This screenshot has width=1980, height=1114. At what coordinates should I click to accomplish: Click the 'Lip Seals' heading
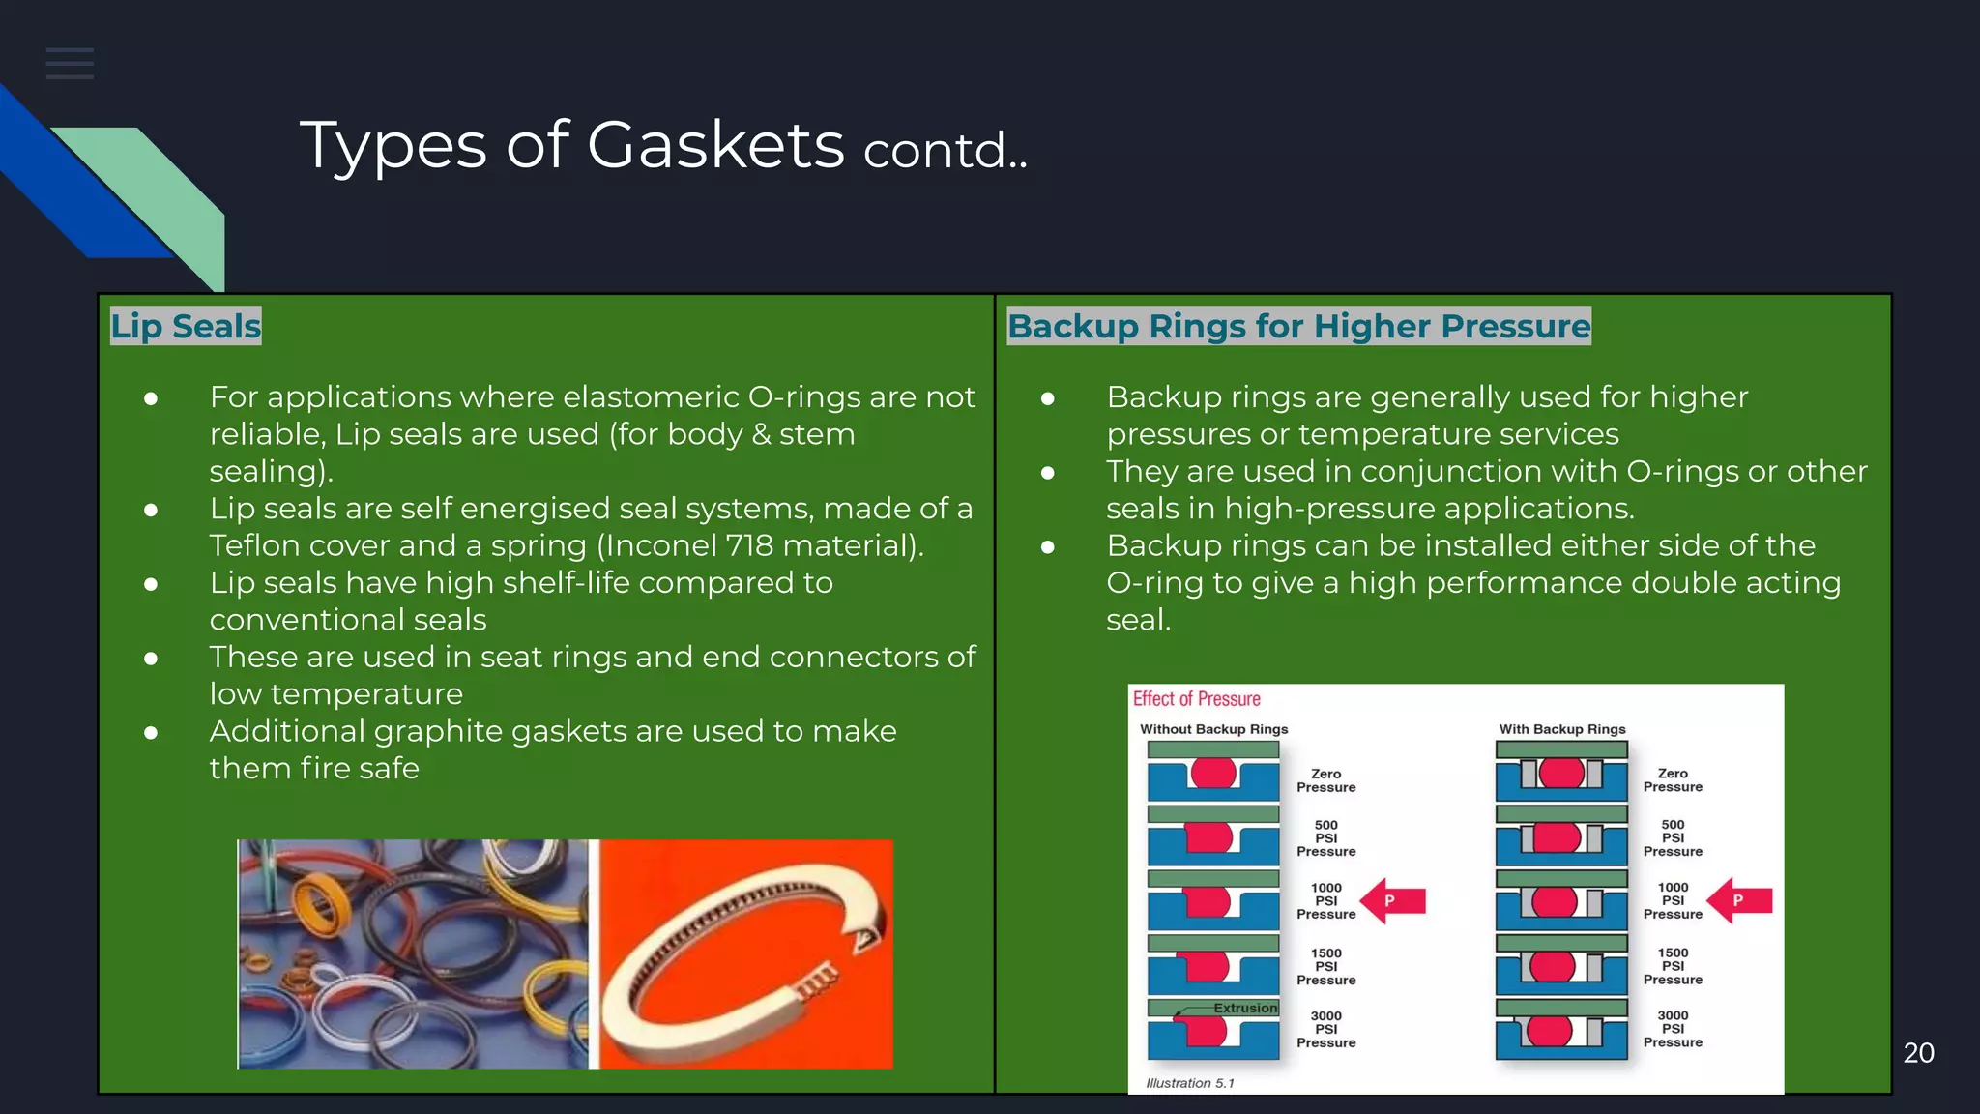(x=186, y=327)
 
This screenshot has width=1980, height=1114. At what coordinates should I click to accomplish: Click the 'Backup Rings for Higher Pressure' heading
(x=1298, y=327)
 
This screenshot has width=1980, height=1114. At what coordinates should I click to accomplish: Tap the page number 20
(x=1918, y=1053)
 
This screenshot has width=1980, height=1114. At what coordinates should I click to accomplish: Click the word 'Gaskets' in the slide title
(x=715, y=146)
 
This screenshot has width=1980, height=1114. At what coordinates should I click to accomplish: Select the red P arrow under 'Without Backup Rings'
(x=1393, y=900)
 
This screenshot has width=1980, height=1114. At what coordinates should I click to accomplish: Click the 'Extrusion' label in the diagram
(x=1245, y=1008)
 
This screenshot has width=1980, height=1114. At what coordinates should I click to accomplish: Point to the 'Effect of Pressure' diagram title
(x=1197, y=699)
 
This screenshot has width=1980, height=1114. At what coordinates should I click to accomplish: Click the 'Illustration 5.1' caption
(x=1190, y=1083)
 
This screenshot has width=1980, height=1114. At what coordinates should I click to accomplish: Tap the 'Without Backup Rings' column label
(x=1213, y=729)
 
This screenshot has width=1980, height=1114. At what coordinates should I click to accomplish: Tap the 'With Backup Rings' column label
(x=1562, y=729)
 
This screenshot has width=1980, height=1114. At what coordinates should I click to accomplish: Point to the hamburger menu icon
(x=70, y=64)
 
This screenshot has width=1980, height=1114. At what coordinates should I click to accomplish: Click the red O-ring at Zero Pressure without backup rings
(x=1213, y=773)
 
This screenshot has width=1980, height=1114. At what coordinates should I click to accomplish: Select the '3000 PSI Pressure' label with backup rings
(x=1673, y=1029)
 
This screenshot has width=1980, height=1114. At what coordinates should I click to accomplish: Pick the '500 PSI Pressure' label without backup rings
(x=1325, y=838)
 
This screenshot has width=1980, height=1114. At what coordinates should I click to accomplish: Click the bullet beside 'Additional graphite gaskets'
(x=151, y=733)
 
